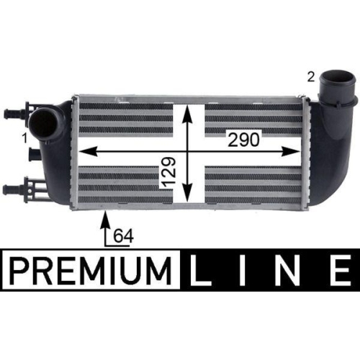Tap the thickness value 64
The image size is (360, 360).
point(124,235)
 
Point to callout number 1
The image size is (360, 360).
point(24,137)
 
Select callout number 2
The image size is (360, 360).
point(310,75)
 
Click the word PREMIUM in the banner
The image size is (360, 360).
point(92,273)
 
